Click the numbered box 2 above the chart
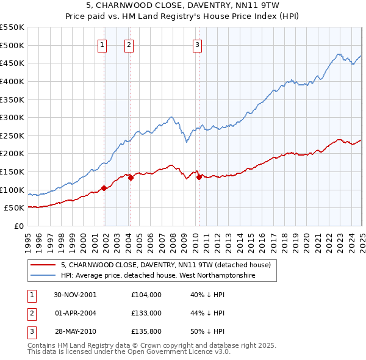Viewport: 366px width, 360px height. (129, 44)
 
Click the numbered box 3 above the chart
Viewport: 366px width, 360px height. (198, 44)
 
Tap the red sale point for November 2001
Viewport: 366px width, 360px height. (104, 188)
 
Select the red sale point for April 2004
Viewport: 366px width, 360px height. (131, 178)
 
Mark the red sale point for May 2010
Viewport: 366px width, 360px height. (199, 177)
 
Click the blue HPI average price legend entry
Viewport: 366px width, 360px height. (157, 275)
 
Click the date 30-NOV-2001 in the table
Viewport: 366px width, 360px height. (75, 295)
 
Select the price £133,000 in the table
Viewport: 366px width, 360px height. (146, 313)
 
